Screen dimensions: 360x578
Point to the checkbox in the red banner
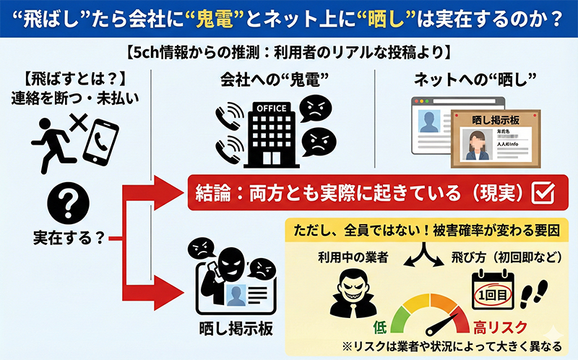(542, 193)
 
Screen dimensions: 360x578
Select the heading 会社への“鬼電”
(270, 79)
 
